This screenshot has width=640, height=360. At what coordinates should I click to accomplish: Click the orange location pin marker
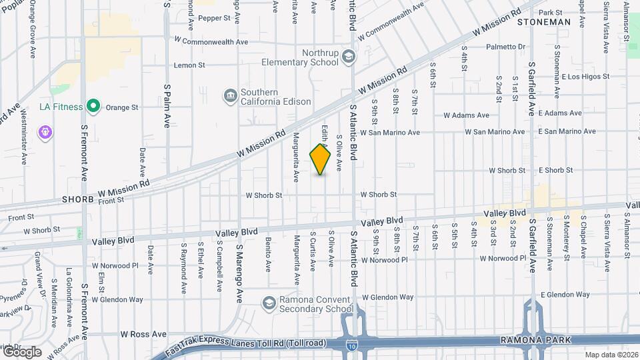(x=321, y=159)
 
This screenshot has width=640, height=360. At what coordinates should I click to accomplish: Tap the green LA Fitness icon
(x=94, y=106)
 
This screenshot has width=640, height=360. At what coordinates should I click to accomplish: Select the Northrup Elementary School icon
(x=347, y=57)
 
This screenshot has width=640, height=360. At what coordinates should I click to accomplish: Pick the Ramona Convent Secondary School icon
(x=269, y=303)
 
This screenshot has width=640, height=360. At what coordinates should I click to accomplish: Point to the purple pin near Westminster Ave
(x=45, y=132)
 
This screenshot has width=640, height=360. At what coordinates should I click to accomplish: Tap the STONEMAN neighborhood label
(x=545, y=22)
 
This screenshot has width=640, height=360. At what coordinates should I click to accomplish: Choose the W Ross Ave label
(x=143, y=333)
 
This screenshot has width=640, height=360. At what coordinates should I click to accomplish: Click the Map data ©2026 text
(x=611, y=355)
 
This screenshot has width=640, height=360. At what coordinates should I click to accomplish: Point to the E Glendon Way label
(x=565, y=294)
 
